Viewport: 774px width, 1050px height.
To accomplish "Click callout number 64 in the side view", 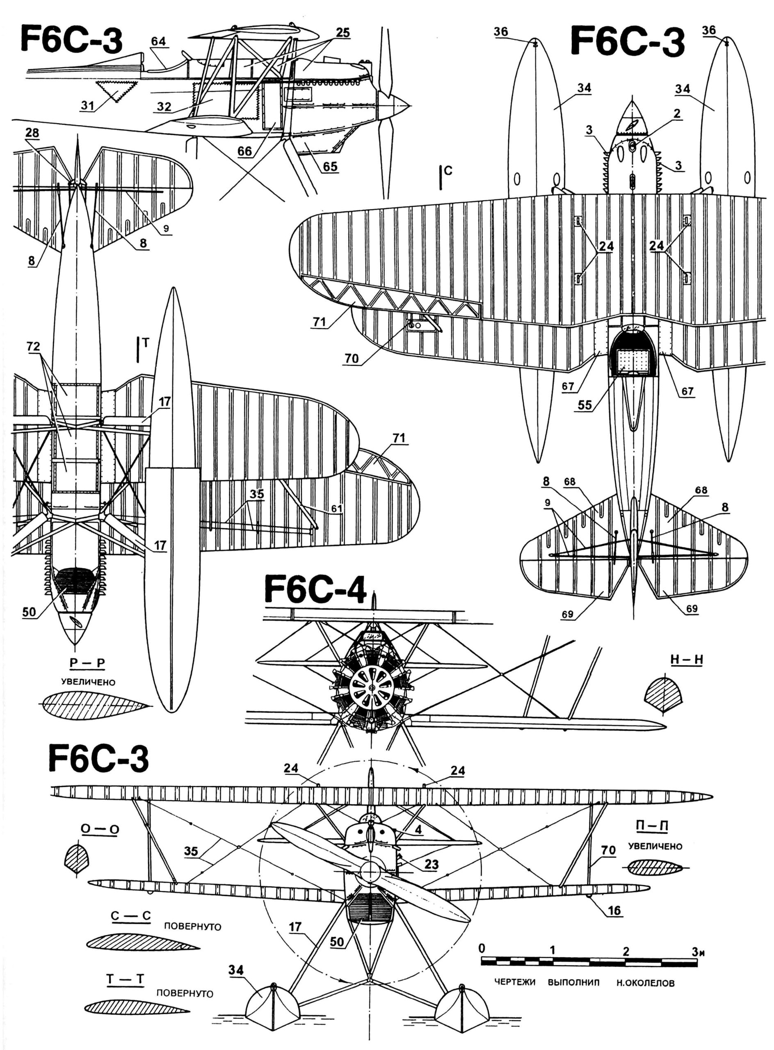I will click(158, 41).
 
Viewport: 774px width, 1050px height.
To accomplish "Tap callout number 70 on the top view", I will click(351, 358).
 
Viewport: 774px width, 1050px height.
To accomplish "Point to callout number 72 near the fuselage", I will click(33, 346).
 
